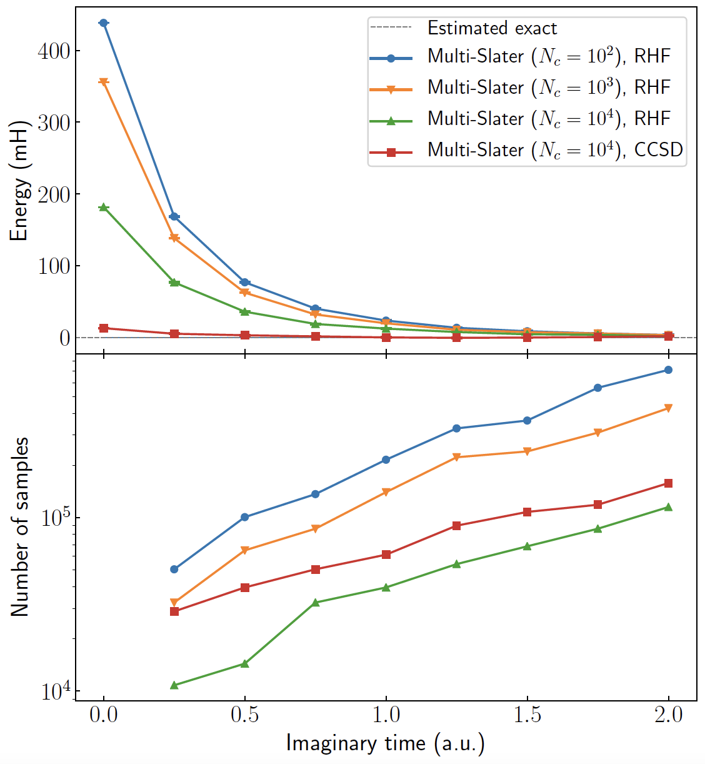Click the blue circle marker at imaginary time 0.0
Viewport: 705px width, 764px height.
(104, 23)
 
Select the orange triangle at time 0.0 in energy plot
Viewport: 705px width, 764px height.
(104, 82)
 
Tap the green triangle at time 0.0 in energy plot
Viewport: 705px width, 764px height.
(104, 207)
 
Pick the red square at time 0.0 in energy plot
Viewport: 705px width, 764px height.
(104, 328)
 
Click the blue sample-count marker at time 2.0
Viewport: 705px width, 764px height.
(669, 370)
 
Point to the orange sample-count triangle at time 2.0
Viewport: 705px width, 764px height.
(669, 408)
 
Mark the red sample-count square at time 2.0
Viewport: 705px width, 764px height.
(669, 483)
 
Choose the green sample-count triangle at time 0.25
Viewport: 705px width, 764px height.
(174, 685)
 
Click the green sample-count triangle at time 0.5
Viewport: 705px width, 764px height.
(245, 663)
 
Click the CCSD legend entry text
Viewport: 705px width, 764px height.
(555, 150)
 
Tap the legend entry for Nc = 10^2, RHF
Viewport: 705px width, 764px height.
(549, 56)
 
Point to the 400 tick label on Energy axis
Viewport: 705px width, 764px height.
(54, 51)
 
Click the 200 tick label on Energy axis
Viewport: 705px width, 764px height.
(54, 194)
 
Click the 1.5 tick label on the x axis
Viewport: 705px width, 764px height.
(527, 715)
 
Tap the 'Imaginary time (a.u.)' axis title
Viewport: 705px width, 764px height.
(386, 743)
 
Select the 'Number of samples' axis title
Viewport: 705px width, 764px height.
(20, 526)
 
